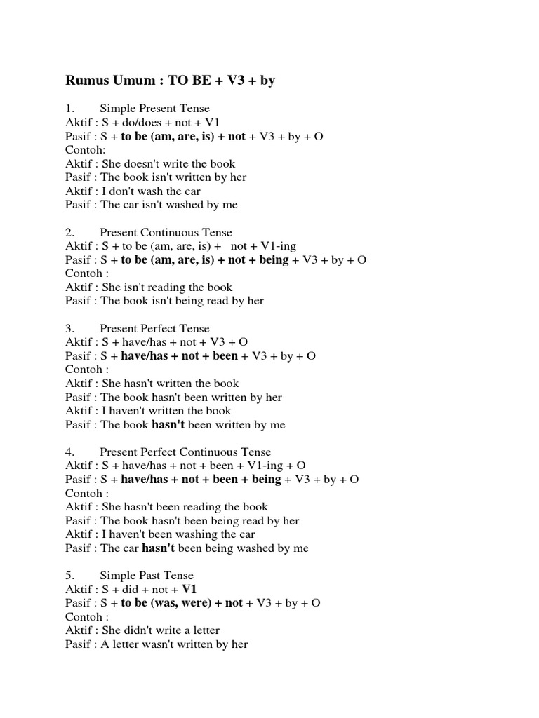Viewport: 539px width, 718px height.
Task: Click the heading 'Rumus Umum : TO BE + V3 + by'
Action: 170,81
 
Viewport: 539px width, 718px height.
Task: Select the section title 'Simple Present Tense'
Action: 155,109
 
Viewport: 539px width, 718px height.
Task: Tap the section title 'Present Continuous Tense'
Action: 166,232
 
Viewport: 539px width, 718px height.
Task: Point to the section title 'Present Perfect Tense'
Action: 154,328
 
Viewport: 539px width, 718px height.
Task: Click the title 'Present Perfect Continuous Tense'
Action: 185,452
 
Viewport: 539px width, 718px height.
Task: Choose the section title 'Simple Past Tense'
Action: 146,576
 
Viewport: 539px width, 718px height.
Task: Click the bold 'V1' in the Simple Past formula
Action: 189,589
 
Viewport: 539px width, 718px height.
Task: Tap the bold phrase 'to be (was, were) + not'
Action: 182,603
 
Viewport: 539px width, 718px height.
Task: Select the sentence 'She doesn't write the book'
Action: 168,163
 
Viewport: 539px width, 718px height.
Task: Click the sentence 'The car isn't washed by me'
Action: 169,205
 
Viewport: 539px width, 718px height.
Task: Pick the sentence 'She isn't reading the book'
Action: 167,287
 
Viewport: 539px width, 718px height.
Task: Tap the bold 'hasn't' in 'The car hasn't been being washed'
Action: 158,548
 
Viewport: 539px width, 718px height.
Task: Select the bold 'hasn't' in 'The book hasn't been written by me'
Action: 168,424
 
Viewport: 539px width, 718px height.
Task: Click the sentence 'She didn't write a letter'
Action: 161,630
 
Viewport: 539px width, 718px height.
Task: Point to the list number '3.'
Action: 70,328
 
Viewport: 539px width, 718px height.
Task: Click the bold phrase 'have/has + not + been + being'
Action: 201,480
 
